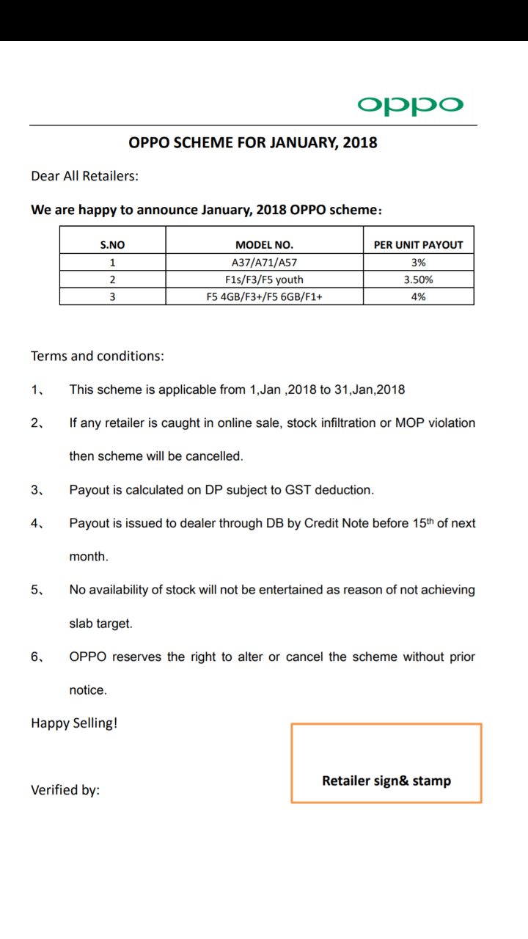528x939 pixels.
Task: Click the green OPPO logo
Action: point(411,106)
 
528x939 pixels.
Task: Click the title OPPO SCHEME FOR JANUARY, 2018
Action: point(253,142)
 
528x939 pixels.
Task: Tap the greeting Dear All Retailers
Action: point(84,176)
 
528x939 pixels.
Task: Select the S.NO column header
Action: point(112,245)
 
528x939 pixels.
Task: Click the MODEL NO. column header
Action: point(264,245)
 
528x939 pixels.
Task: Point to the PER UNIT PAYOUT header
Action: point(418,245)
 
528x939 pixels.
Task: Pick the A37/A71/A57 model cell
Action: point(264,263)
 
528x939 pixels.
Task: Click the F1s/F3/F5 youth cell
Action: point(264,279)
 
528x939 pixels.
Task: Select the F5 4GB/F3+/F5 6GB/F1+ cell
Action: point(264,296)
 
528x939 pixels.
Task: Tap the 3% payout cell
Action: point(419,263)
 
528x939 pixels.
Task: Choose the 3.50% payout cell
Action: point(419,279)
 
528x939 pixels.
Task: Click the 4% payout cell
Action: point(419,296)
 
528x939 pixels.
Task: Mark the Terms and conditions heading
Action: point(98,357)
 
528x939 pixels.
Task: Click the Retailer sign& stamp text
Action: point(386,781)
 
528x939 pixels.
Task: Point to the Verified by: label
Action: point(65,790)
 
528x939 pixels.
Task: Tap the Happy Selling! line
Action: point(74,723)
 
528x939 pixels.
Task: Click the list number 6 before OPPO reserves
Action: point(36,657)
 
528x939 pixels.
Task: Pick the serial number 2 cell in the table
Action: point(112,279)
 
